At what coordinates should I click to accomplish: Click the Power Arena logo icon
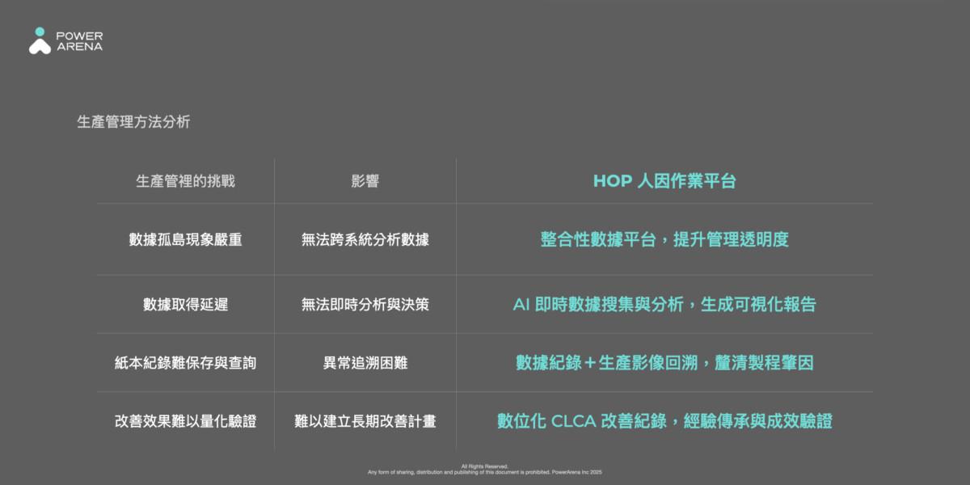pos(40,40)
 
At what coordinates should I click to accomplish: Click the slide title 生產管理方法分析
pos(133,122)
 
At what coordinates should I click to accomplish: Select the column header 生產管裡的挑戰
pos(185,181)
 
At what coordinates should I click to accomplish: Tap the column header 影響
pos(365,181)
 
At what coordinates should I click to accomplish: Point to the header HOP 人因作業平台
pos(664,181)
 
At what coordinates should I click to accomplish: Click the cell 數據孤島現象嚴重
pos(185,239)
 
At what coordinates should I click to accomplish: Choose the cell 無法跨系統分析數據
pos(365,239)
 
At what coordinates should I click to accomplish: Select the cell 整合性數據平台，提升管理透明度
pos(664,239)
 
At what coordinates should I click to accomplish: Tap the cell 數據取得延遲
pos(185,305)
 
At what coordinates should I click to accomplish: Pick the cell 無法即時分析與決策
pos(365,305)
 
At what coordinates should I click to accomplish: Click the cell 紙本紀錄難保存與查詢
pos(185,363)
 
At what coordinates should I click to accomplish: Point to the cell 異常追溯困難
pos(365,363)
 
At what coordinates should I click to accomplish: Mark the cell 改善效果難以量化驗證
pos(185,421)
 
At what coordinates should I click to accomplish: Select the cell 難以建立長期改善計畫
pos(365,421)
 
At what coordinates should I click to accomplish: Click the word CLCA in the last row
pos(573,421)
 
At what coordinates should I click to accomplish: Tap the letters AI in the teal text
pos(521,305)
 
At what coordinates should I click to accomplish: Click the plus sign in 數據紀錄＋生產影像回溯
pos(590,363)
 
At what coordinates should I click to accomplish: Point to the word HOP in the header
pos(613,181)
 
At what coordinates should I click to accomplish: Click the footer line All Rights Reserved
pos(484,466)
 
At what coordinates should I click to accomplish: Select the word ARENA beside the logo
pos(80,47)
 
